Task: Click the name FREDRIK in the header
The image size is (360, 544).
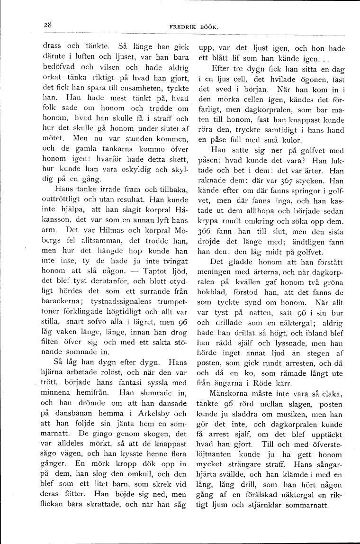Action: point(182,27)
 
